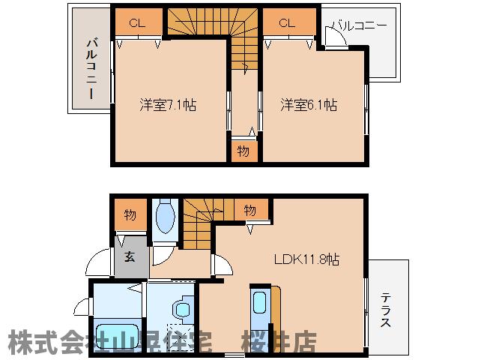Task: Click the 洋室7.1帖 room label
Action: pos(168,105)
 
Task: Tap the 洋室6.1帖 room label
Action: pos(309,105)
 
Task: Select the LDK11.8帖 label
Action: pos(306,259)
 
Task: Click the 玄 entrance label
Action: pos(130,256)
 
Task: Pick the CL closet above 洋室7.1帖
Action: pos(136,23)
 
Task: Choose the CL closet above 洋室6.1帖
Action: pos(287,23)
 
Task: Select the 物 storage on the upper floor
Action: pos(243,150)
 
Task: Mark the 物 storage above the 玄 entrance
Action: pos(130,215)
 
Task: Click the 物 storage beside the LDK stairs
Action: pos(249,211)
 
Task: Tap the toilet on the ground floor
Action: pos(166,217)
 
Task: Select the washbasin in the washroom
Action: pos(180,310)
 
